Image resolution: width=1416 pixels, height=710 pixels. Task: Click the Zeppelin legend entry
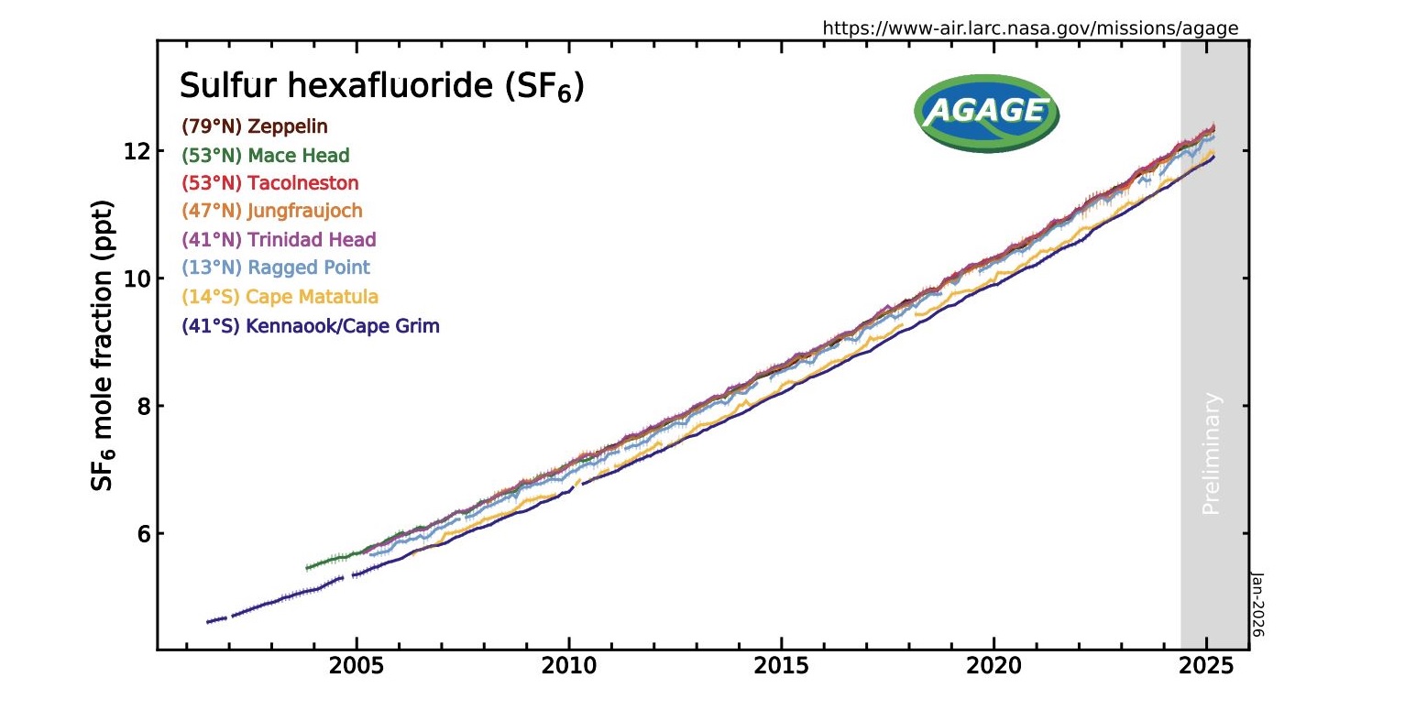pos(254,126)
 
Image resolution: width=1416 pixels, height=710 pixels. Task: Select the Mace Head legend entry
pos(266,155)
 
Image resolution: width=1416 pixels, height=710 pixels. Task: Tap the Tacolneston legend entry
pos(269,183)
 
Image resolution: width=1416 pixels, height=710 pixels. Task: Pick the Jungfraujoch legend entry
pos(272,211)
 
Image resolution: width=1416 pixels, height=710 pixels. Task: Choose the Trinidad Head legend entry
pos(279,239)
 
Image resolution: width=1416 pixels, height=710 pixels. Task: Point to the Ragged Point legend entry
pos(276,268)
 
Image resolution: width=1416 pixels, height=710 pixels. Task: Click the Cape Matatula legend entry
pos(280,297)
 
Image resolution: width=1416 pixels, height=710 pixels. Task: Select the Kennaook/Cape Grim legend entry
pos(311,325)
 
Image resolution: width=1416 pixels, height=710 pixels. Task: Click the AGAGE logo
pos(985,112)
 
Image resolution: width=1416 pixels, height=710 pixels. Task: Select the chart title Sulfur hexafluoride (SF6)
pos(381,87)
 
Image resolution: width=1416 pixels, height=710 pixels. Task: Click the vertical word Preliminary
pos(1212,453)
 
